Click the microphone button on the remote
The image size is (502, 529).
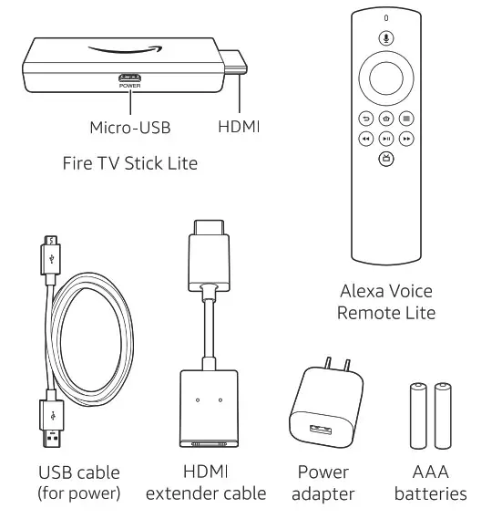(x=385, y=39)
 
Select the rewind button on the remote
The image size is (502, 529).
(x=364, y=139)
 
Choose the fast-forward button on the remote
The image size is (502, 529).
(x=407, y=139)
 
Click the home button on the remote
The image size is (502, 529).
(x=385, y=119)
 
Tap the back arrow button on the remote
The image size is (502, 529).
(x=364, y=119)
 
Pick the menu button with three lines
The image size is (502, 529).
(x=407, y=119)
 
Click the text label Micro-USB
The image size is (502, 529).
(x=131, y=128)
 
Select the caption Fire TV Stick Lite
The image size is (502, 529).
(x=130, y=164)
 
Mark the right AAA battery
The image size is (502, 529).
(x=445, y=415)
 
